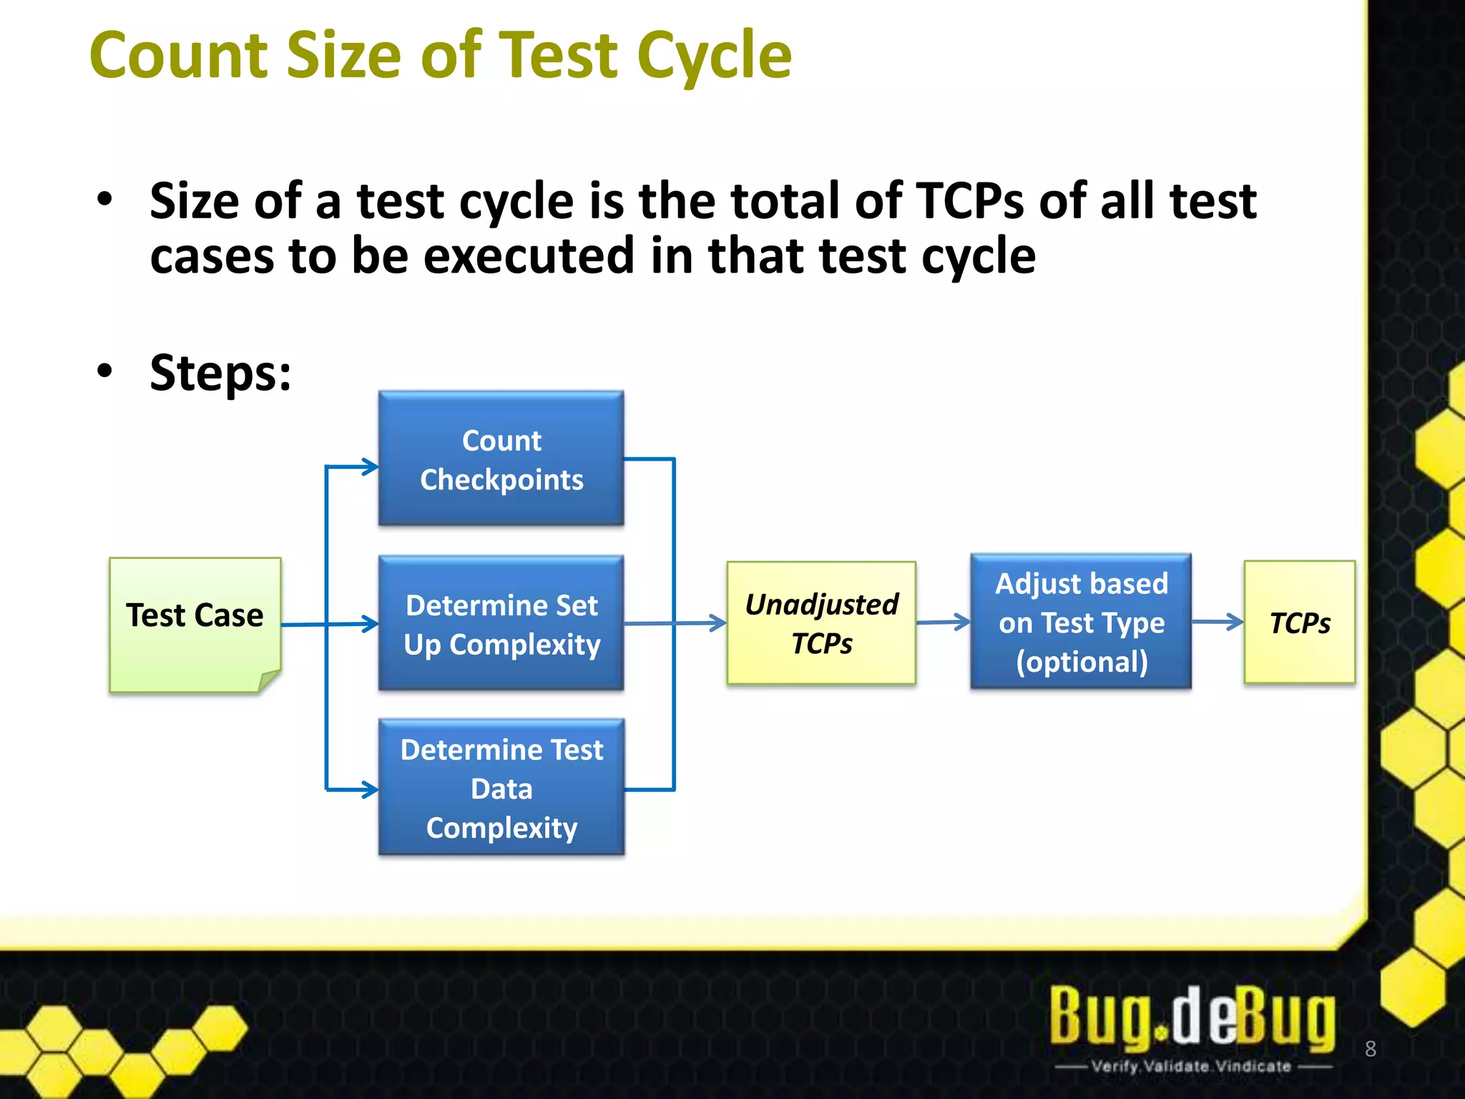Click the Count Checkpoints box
[501, 458]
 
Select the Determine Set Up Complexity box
[501, 623]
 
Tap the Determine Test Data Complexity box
[501, 787]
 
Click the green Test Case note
[195, 624]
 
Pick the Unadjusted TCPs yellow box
[821, 623]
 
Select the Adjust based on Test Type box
[1081, 622]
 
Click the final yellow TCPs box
[1299, 622]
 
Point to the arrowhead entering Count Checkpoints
[371, 467]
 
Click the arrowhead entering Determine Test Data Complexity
[371, 790]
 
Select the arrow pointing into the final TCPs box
[1217, 622]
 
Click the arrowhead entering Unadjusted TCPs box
[717, 622]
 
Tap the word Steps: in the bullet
[220, 373]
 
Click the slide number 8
[1370, 1049]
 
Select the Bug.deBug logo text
[1192, 1016]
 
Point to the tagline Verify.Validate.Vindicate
[1192, 1067]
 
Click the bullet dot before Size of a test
[105, 200]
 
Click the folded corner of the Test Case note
[269, 680]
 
